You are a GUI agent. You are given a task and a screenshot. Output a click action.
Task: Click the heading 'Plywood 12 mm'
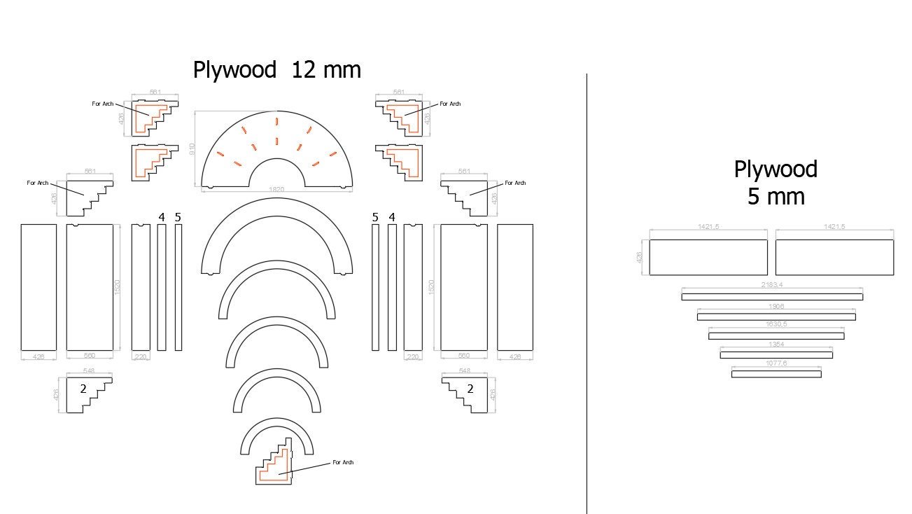277,70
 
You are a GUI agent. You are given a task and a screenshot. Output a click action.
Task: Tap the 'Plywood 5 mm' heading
776,183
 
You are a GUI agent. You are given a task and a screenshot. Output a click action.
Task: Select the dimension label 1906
776,306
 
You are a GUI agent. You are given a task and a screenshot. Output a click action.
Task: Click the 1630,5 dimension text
776,325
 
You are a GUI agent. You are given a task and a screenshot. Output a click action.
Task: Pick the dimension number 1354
776,344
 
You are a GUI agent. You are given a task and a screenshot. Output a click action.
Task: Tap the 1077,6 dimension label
776,363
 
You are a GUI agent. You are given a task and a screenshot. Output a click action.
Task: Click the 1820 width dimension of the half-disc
277,190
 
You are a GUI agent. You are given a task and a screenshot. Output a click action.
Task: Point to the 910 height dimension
192,149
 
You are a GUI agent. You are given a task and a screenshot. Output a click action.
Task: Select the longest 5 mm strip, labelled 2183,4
772,297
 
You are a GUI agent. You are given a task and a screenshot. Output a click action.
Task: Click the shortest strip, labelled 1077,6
776,374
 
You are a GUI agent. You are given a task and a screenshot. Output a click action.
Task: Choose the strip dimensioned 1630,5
776,335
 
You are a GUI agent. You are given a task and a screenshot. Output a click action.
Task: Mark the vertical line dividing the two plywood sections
587,294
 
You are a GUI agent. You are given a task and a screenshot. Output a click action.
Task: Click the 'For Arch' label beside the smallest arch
343,462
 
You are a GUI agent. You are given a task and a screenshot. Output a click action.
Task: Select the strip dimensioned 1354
776,355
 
